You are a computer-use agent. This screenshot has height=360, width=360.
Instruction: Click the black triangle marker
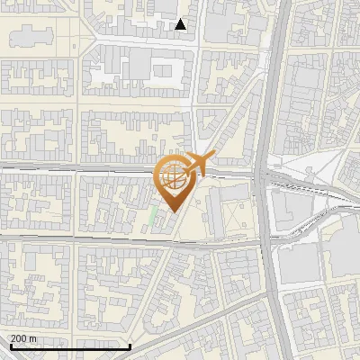click(x=181, y=24)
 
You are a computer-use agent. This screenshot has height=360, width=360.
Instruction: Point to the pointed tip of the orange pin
click(x=172, y=212)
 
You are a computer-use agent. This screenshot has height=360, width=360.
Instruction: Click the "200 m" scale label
click(x=23, y=338)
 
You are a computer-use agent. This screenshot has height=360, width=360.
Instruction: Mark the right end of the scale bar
click(x=131, y=346)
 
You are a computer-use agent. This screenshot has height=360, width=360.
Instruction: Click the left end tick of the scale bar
click(x=10, y=346)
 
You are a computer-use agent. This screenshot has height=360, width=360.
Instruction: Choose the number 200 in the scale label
click(x=18, y=338)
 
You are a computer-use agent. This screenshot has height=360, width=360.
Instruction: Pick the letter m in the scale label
click(x=33, y=338)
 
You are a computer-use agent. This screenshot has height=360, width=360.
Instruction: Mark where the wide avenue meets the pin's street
click(x=265, y=171)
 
